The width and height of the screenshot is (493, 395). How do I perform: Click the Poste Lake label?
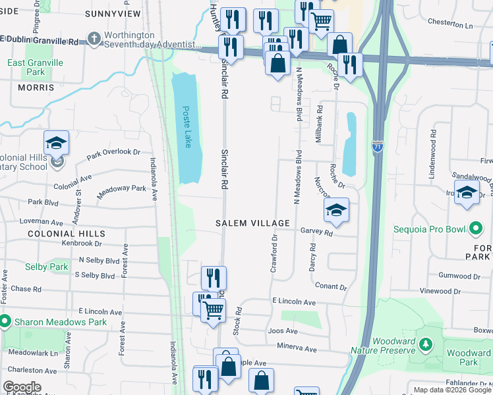pos(187,127)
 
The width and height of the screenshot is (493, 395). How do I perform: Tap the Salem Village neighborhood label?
pos(253,223)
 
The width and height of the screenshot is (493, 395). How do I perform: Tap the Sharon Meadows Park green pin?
pos(5,322)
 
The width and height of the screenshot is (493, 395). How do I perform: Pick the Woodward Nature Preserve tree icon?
pos(426,344)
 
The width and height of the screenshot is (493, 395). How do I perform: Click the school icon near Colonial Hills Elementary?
pos(57,142)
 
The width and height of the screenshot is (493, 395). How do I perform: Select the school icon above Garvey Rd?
pos(336,210)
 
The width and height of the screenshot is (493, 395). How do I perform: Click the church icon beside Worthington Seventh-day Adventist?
pos(94,38)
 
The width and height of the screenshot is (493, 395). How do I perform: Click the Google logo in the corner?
pos(22,387)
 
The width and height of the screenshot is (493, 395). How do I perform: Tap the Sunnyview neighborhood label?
pos(113,13)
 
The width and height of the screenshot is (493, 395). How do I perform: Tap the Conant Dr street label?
pos(331,286)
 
